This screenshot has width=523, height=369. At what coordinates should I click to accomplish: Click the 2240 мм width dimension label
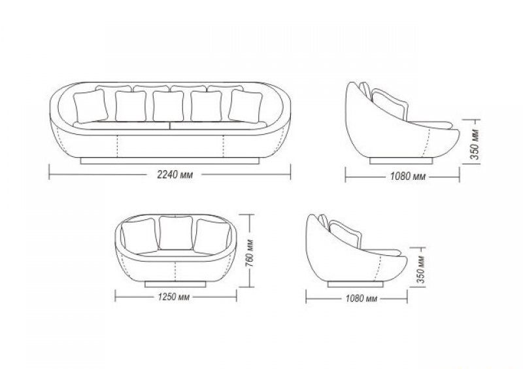pyautogui.click(x=175, y=175)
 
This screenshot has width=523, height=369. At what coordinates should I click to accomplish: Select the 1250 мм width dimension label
pyautogui.click(x=174, y=297)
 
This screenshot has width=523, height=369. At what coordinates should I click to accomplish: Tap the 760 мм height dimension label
pyautogui.click(x=250, y=253)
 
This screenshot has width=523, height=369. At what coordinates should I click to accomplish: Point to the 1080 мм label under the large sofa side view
pyautogui.click(x=408, y=176)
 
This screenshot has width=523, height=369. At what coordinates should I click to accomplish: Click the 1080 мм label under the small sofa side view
pyautogui.click(x=362, y=298)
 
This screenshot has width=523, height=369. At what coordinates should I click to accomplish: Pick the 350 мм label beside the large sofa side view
pyautogui.click(x=475, y=144)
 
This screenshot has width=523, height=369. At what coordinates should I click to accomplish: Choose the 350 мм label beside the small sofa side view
pyautogui.click(x=421, y=269)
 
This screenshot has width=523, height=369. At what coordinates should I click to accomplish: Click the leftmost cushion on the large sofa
pyautogui.click(x=90, y=106)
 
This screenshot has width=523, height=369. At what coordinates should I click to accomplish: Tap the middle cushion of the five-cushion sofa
pyautogui.click(x=168, y=106)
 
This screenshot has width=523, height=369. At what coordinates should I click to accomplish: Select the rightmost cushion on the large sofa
pyautogui.click(x=246, y=106)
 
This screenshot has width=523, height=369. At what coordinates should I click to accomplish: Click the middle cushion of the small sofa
pyautogui.click(x=176, y=233)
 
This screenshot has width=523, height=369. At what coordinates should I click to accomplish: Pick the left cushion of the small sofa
pyautogui.click(x=139, y=236)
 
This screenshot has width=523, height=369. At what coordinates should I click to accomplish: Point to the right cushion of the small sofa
pyautogui.click(x=212, y=236)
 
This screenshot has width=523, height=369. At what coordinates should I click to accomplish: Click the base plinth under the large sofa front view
pyautogui.click(x=170, y=161)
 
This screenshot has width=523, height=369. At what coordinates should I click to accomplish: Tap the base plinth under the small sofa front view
pyautogui.click(x=175, y=284)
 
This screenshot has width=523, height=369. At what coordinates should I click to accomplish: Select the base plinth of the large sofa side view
pyautogui.click(x=401, y=161)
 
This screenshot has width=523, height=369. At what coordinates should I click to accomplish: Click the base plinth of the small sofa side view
pyautogui.click(x=355, y=284)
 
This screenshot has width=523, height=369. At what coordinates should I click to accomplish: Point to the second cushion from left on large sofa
pyautogui.click(x=131, y=106)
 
